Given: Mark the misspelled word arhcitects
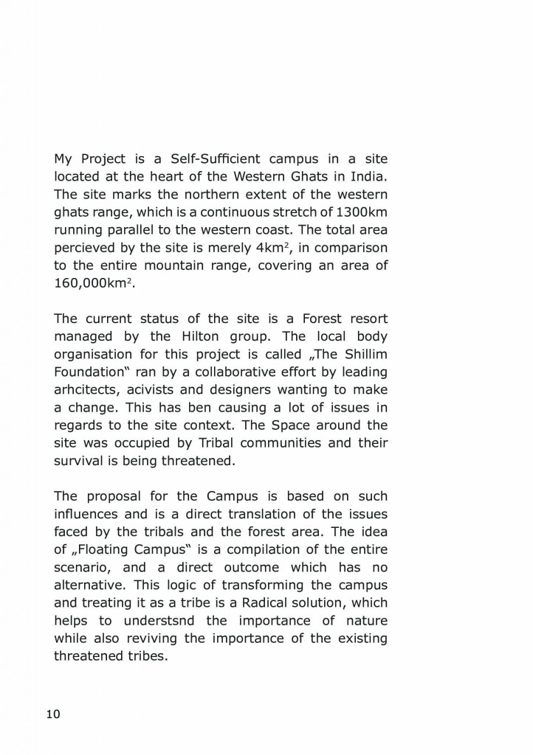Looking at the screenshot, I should click(x=86, y=390).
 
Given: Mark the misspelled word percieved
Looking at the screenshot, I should click(x=83, y=248).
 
